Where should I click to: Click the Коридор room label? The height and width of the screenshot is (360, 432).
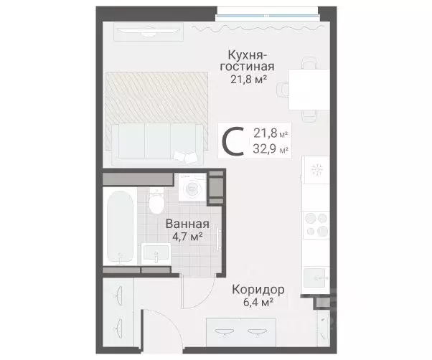click(258, 290)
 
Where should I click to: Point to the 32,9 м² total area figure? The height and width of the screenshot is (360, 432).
click(271, 149)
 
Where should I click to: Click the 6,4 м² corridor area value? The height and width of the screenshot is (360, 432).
click(257, 303)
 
